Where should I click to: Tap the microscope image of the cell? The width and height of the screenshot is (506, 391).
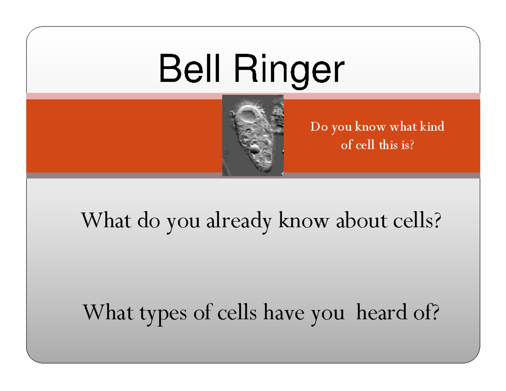[x=253, y=135]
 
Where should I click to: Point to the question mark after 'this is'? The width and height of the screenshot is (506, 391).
[x=412, y=145]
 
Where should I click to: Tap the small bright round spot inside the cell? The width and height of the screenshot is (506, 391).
[x=255, y=148]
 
